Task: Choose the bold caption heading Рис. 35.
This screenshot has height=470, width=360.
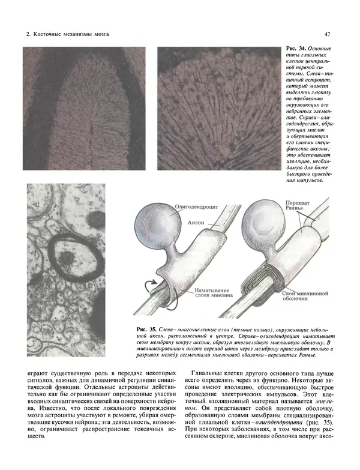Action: tap(147, 329)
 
